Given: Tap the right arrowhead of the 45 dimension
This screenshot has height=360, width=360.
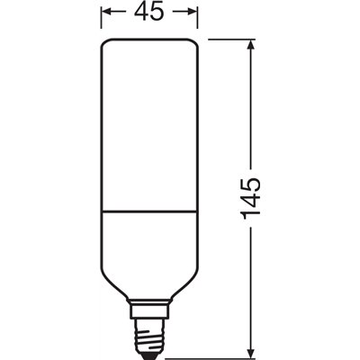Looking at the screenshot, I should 191,13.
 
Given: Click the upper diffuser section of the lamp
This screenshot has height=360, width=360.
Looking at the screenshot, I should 148,126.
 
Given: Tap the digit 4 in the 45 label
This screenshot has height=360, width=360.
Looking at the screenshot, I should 139,13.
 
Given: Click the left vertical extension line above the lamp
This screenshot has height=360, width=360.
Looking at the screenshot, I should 99,20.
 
